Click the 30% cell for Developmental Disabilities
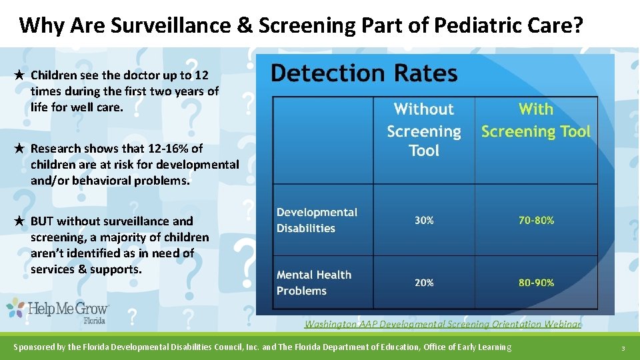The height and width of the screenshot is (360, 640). tap(424, 220)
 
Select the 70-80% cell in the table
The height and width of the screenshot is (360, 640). tap(536, 220)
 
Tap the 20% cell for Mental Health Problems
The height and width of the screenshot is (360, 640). tap(424, 283)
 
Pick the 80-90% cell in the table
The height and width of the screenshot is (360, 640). tap(536, 283)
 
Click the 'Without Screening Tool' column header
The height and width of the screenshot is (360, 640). tap(424, 130)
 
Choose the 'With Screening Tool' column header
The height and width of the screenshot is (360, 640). tap(536, 120)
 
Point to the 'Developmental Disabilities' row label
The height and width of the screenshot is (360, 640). tap(317, 220)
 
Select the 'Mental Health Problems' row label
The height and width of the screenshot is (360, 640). tap(314, 283)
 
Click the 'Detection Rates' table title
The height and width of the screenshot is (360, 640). tap(364, 73)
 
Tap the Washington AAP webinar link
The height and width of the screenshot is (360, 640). tap(443, 324)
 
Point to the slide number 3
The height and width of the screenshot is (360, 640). tap(622, 348)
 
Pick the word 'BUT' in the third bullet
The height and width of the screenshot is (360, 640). tap(43, 221)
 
